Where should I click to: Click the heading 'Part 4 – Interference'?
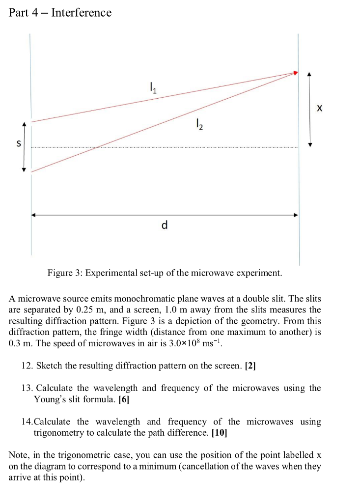coord(60,13)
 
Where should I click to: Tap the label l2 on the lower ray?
coord(198,126)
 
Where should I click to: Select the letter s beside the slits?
coord(19,144)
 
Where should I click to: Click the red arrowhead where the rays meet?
coord(295,73)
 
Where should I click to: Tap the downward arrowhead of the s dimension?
coord(23,169)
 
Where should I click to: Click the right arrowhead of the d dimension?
coord(295,215)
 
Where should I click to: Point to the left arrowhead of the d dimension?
coord(33,215)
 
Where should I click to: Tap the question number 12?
coord(27,366)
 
